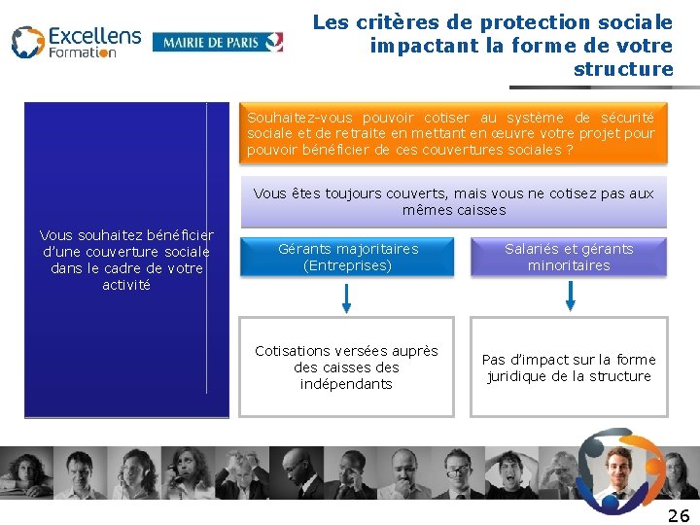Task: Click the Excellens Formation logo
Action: coord(76,42)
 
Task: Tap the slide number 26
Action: coord(679,515)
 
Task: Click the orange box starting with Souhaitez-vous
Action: coord(451,133)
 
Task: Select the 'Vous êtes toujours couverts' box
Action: coord(453,201)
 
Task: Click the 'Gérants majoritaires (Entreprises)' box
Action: coord(347,257)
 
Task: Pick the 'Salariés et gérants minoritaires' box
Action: coord(569,257)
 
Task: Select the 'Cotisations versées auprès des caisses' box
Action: coord(347,367)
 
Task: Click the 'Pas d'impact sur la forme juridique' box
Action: coord(569,367)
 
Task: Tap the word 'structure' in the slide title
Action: coord(623,69)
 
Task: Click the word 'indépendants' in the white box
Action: coord(347,384)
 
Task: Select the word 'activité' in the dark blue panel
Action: coord(126,285)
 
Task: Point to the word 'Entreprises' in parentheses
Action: coord(347,265)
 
